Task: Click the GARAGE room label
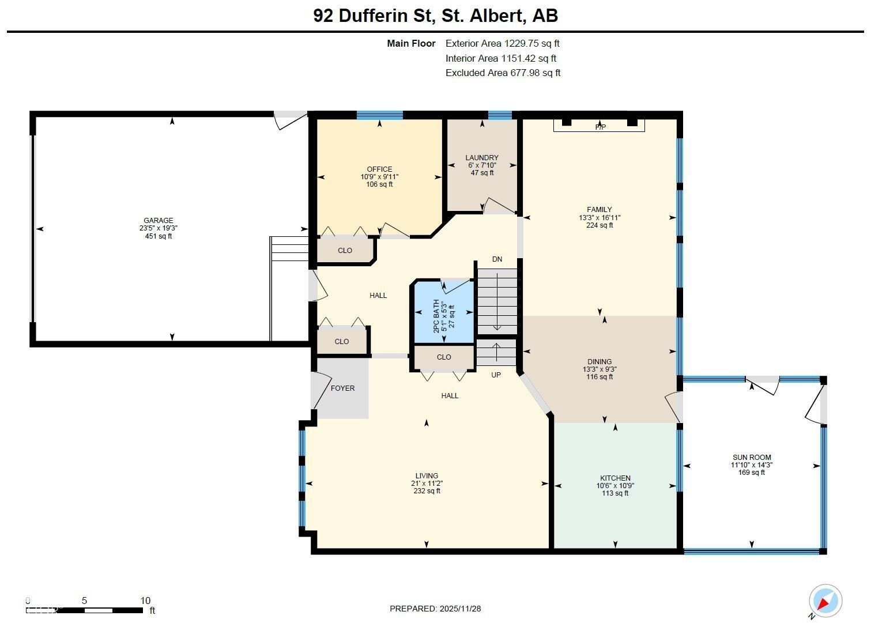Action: click(x=158, y=220)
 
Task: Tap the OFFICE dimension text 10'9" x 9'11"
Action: click(x=379, y=177)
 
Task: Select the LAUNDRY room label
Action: click(x=482, y=157)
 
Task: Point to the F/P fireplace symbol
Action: click(x=600, y=127)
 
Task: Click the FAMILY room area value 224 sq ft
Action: click(x=600, y=225)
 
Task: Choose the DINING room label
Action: click(x=600, y=362)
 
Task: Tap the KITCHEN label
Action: click(x=615, y=478)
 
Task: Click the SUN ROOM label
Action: click(x=752, y=457)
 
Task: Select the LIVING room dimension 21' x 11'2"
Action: click(x=427, y=484)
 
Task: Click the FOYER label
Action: click(x=342, y=388)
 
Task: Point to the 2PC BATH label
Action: click(x=436, y=316)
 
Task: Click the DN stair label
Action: click(x=497, y=259)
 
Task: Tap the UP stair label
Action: click(x=496, y=375)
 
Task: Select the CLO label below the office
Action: click(x=345, y=250)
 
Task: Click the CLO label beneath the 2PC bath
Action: click(x=444, y=357)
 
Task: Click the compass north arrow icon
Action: click(x=825, y=601)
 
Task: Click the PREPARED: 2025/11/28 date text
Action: click(x=435, y=609)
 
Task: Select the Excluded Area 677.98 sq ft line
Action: click(x=503, y=73)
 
